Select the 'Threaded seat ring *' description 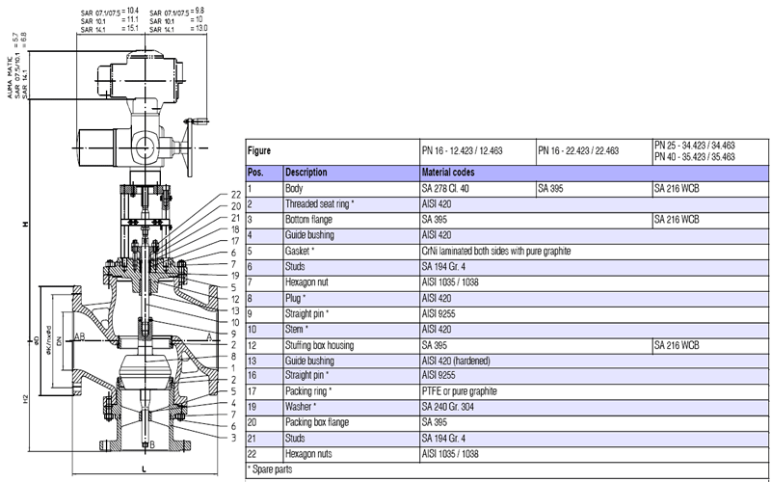coord(320,203)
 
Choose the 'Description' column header coord(306,172)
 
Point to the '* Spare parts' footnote coord(273,469)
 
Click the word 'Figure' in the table coord(259,151)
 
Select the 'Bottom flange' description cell coord(311,219)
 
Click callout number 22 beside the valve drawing coord(235,196)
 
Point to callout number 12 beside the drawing coord(235,299)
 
